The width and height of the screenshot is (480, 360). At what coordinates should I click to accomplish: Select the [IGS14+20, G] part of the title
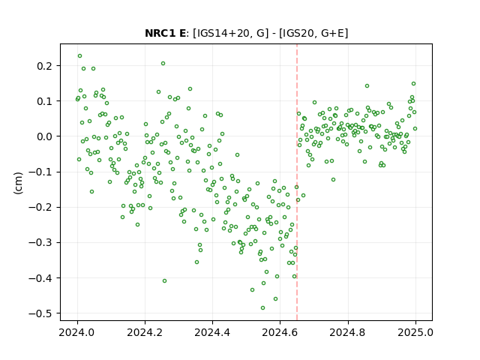pyautogui.click(x=230, y=33)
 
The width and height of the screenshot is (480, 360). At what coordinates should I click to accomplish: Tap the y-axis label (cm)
pyautogui.click(x=18, y=183)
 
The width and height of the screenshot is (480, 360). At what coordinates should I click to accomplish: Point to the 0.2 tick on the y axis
pyautogui.click(x=46, y=66)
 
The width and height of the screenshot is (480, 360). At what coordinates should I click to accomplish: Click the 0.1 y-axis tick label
pyautogui.click(x=46, y=101)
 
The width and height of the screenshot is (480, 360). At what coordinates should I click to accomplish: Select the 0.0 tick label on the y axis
pyautogui.click(x=46, y=136)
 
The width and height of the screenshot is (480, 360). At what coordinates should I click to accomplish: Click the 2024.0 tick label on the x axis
pyautogui.click(x=77, y=332)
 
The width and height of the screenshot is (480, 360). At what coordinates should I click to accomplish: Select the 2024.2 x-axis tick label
pyautogui.click(x=145, y=332)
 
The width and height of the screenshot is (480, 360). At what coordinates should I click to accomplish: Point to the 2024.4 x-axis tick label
pyautogui.click(x=212, y=332)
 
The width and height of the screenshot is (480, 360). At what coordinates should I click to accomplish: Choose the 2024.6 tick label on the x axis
pyautogui.click(x=280, y=332)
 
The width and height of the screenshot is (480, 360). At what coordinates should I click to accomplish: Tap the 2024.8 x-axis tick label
pyautogui.click(x=348, y=332)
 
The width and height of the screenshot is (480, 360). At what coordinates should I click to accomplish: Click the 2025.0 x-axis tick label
pyautogui.click(x=415, y=332)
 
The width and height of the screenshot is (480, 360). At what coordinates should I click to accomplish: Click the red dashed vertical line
pyautogui.click(x=297, y=182)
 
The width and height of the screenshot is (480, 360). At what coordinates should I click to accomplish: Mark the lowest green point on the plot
pyautogui.click(x=262, y=308)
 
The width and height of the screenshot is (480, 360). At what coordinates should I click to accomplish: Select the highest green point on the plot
pyautogui.click(x=80, y=56)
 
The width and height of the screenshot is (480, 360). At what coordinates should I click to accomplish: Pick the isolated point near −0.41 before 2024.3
pyautogui.click(x=164, y=281)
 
